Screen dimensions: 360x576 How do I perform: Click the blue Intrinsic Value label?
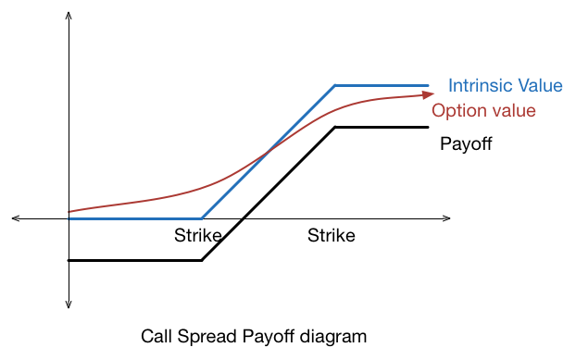505,86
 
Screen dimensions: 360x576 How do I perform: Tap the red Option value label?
484,111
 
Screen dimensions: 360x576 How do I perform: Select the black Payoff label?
466,144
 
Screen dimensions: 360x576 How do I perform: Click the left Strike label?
198,236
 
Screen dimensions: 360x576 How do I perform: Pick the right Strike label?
331,236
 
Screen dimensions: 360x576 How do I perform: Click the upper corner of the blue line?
335,85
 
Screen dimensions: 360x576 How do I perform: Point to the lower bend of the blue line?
202,218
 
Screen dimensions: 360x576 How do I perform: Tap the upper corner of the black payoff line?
335,127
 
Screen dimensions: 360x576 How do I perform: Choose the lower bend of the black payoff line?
202,260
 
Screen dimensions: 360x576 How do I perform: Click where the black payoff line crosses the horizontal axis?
242,218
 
